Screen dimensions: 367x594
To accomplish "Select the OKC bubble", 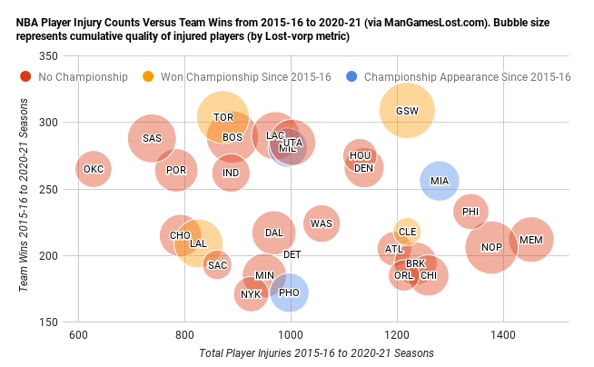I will tap(93, 169).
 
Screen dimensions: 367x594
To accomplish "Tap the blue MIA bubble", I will tap(440, 181).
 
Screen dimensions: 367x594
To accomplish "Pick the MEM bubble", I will tap(531, 241).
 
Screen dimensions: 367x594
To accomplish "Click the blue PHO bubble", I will tap(289, 293).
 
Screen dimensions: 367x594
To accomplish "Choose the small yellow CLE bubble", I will tap(408, 231).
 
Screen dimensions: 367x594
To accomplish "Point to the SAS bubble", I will tap(152, 138).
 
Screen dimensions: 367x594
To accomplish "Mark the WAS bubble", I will tap(322, 223).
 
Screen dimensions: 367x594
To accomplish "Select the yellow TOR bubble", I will tap(223, 116).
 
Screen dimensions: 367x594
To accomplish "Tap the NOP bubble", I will tap(491, 247).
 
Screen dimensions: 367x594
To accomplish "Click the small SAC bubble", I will tap(217, 265).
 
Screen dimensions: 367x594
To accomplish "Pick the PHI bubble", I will tap(470, 212).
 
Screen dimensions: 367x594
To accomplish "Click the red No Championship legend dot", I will tap(25, 77).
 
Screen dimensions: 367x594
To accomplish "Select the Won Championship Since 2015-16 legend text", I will tap(245, 77).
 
